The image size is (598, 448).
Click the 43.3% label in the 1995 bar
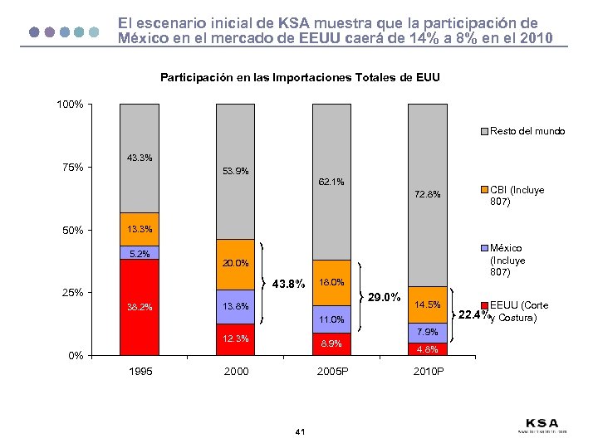click(139, 158)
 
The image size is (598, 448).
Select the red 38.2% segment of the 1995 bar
click(139, 307)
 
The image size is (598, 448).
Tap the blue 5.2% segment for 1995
click(139, 253)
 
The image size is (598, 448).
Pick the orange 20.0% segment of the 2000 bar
click(236, 265)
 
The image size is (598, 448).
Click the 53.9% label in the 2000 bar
click(236, 172)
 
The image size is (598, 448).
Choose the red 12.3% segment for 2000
click(236, 339)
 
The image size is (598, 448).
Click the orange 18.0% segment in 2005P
click(332, 282)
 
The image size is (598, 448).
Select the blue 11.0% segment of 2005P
click(332, 319)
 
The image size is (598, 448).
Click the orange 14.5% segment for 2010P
click(428, 304)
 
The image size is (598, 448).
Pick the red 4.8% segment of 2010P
click(428, 349)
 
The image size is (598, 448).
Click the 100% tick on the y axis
click(70, 105)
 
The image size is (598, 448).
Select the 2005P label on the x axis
click(332, 372)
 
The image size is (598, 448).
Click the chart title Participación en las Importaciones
click(299, 78)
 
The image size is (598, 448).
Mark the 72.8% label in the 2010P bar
click(428, 196)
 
